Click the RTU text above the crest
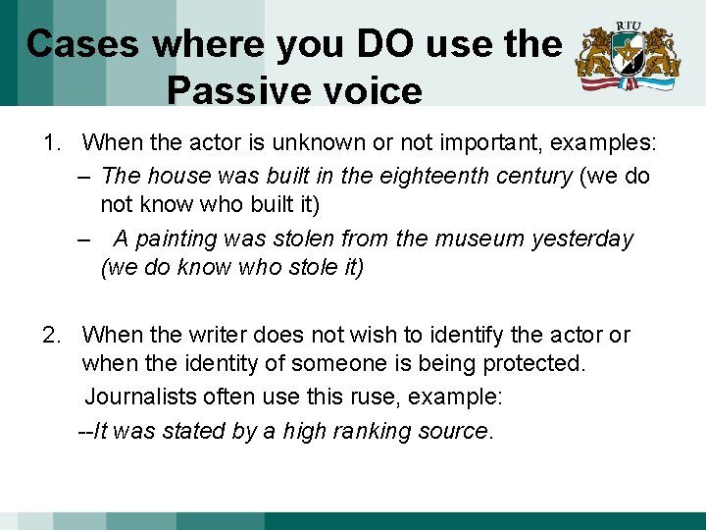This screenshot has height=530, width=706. coord(628,26)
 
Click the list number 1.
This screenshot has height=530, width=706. coord(50,143)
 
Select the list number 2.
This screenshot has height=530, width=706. coord(50,336)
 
